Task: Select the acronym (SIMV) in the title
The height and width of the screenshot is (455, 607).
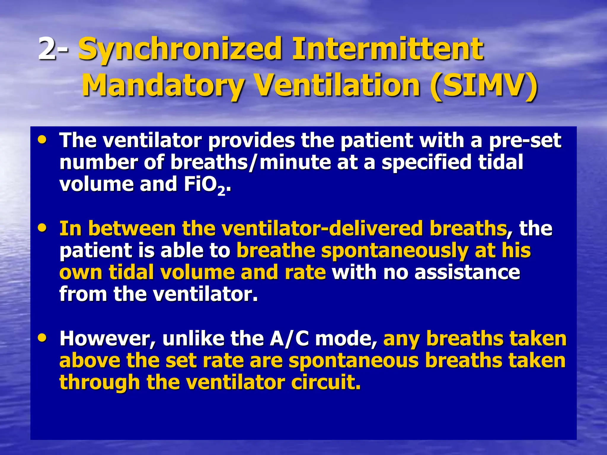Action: [x=483, y=86]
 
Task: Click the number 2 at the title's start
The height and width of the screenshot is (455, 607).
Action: [x=47, y=49]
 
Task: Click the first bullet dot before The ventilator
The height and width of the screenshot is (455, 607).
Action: [x=42, y=139]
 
